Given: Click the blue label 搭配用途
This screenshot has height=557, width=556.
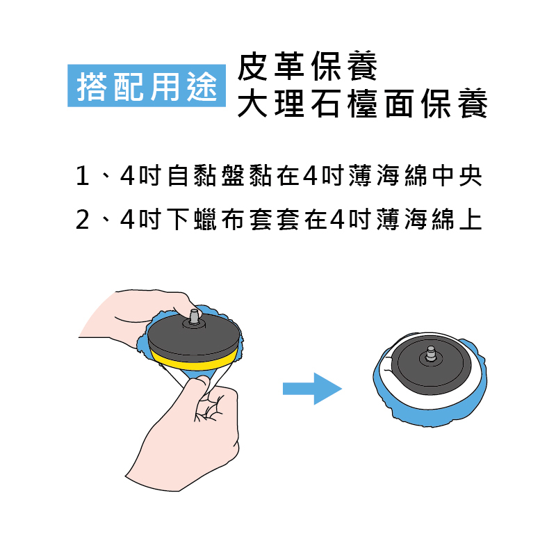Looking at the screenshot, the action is [146, 86].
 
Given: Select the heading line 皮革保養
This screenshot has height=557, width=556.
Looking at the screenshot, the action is [307, 66].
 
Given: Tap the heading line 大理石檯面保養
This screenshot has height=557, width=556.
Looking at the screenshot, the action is [363, 103].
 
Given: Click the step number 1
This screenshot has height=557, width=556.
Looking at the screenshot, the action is [83, 175].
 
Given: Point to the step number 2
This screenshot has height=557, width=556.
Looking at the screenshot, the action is [83, 220].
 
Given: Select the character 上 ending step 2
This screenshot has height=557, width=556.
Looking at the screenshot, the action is [471, 220].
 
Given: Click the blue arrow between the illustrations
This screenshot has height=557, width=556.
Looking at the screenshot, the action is [312, 389].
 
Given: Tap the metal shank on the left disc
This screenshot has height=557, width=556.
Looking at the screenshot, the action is [194, 316].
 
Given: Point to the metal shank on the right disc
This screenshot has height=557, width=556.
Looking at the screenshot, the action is [431, 353].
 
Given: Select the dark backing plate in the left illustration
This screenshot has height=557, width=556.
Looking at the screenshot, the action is [193, 337].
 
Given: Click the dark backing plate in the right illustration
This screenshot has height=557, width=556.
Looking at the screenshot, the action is [431, 366].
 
